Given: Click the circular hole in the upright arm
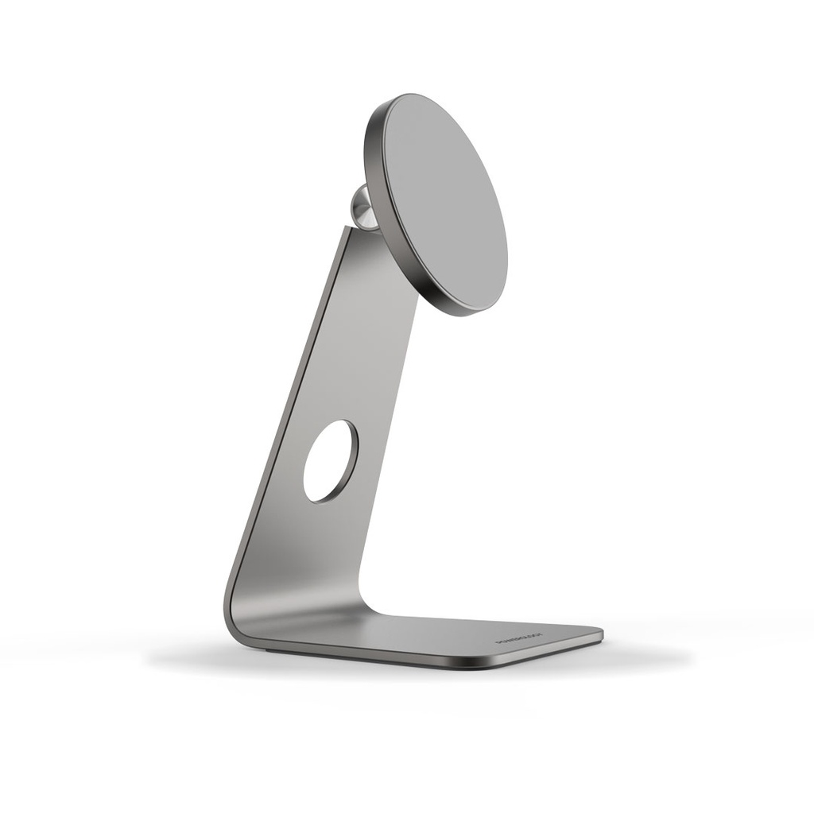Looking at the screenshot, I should point(330,461).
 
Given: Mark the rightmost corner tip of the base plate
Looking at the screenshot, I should point(602,634).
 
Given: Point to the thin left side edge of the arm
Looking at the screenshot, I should point(278,421).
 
